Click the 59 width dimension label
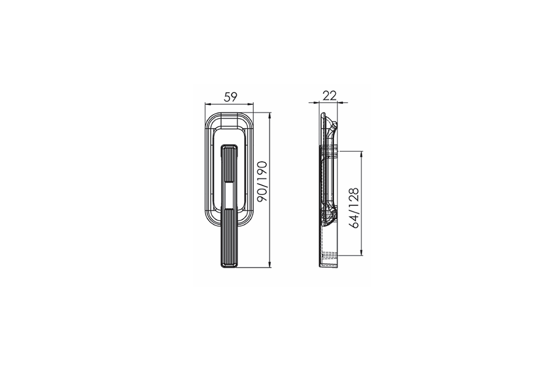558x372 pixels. pos(231,97)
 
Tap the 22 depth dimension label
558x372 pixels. pos(329,96)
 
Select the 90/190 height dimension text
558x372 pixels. pos(262,181)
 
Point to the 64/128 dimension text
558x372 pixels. pos(354,208)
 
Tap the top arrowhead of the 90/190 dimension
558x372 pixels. pos(270,116)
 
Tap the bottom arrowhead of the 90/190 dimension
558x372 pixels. pos(270,265)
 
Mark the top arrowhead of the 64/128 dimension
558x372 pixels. pos(361,154)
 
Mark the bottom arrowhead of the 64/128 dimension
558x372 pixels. pos(361,252)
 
